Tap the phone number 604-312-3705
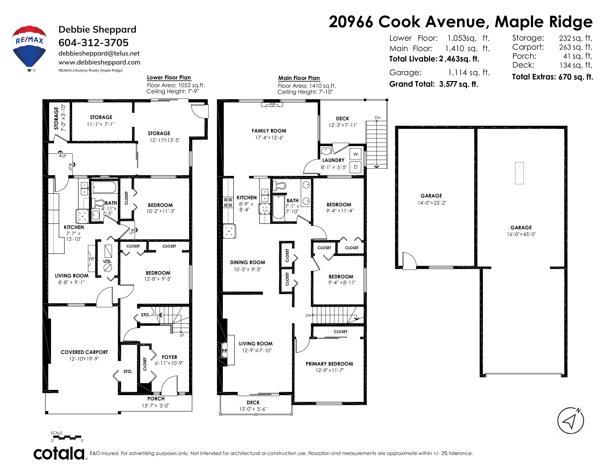tap(94, 43)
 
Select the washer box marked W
tap(355, 154)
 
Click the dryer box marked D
tap(355, 167)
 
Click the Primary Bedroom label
tap(329, 364)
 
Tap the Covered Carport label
tap(84, 352)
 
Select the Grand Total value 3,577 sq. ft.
tap(459, 84)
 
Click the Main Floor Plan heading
tap(299, 78)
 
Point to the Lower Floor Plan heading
tap(169, 77)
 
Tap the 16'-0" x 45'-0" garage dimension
tap(521, 234)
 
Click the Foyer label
tap(169, 357)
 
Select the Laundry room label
tap(333, 160)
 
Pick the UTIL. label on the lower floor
tap(108, 261)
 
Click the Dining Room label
tap(248, 262)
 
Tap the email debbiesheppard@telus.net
tap(99, 53)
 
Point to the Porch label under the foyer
tap(156, 399)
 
